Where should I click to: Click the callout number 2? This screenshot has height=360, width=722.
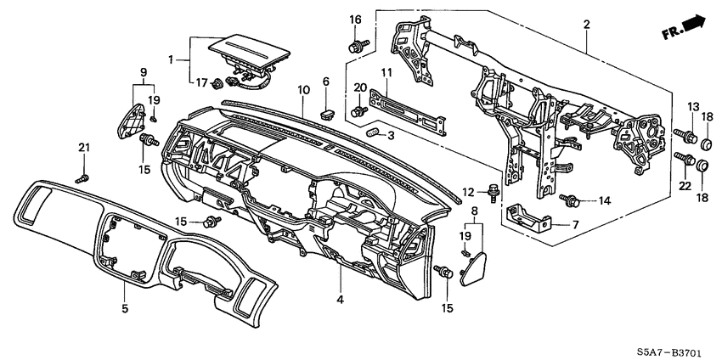pyautogui.click(x=586, y=25)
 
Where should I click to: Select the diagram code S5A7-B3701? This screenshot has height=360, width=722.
pyautogui.click(x=675, y=348)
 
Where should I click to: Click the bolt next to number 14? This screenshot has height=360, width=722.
pyautogui.click(x=571, y=200)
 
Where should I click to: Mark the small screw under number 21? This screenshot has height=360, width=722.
pyautogui.click(x=82, y=178)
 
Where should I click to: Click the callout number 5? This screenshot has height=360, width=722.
pyautogui.click(x=124, y=308)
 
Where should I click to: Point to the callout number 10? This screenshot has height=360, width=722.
pyautogui.click(x=302, y=90)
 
